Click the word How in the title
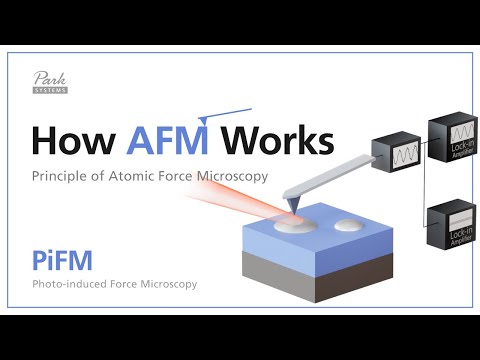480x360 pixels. tap(73, 141)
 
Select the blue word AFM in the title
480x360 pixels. tap(167, 141)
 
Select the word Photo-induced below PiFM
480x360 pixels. tap(70, 284)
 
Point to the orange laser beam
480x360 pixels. tap(240, 196)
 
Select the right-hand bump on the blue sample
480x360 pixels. tap(349, 226)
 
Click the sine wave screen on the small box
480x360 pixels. tap(391, 157)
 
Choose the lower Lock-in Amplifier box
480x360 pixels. tap(450, 227)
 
